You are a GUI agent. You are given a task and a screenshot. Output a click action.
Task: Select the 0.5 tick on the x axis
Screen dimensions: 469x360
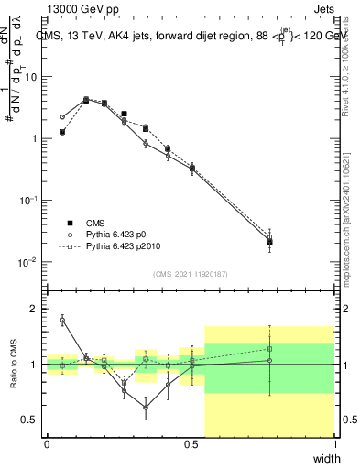tap(191, 444)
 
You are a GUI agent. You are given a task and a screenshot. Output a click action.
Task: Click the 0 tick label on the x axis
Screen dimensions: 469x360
tap(47, 444)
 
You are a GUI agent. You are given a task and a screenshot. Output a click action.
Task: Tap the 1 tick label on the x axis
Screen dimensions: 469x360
tap(335, 444)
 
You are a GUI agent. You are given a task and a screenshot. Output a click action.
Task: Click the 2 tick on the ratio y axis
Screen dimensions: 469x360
tap(37, 309)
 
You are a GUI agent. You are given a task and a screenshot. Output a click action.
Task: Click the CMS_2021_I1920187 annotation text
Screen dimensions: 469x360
tap(191, 274)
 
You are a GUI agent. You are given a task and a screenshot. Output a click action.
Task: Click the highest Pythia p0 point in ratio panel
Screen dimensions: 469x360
tap(62, 320)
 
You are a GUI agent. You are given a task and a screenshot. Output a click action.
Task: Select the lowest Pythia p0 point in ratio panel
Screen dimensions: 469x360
tap(146, 408)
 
